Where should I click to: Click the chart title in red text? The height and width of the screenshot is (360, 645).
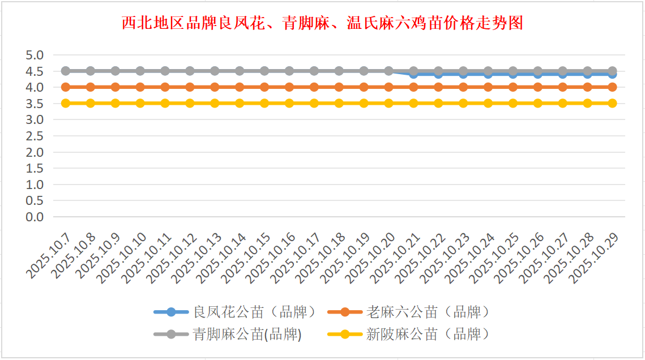coord(322,23)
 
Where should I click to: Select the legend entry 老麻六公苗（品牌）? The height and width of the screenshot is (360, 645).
coord(428,312)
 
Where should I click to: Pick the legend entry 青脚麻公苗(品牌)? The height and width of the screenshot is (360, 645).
coord(247,335)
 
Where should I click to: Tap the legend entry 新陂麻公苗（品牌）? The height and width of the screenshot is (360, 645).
coord(428,335)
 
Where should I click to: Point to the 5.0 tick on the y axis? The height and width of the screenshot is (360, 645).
coord(35,55)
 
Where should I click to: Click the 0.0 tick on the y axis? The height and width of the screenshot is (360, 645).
coord(35,217)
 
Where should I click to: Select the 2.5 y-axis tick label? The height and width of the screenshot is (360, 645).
coord(35,136)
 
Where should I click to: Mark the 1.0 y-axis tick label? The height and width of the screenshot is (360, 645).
coord(35,185)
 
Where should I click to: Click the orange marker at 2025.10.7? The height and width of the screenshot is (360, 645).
coord(66,87)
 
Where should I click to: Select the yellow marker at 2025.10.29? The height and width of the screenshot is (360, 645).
coord(612,103)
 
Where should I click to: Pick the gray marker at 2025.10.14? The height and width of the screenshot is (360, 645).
coord(240,71)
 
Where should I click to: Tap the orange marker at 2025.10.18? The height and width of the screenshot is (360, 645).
coord(339,87)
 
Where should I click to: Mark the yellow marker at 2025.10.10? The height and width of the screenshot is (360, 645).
coord(140,103)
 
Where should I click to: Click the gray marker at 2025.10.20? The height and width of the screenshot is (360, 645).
coord(388,71)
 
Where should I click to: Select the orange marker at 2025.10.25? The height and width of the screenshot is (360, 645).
coord(513,87)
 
